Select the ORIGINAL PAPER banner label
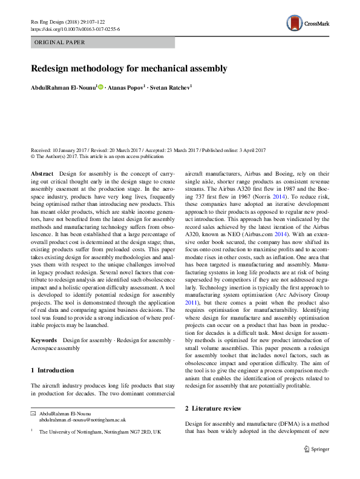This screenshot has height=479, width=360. [59, 42]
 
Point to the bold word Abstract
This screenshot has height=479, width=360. [42, 174]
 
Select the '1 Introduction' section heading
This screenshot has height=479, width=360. [52, 370]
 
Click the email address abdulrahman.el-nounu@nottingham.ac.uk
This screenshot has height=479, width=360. [82, 419]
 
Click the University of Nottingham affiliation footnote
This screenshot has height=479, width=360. [100, 432]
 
